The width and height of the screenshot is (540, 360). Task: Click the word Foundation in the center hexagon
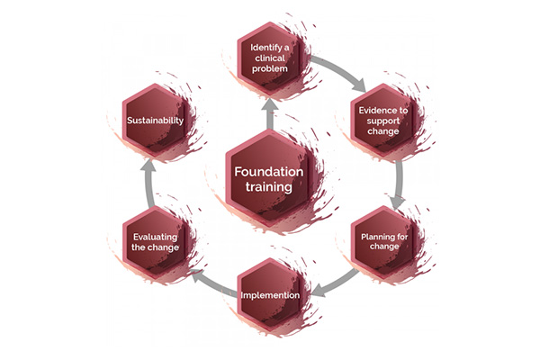(268, 172)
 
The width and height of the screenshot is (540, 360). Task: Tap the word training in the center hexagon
(268, 187)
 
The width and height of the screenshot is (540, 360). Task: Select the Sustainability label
(155, 121)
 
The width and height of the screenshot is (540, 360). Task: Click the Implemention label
(270, 295)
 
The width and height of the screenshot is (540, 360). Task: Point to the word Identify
(266, 48)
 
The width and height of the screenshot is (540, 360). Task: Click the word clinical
(270, 58)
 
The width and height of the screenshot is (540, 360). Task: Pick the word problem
(270, 68)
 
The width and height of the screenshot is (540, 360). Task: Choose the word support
(383, 121)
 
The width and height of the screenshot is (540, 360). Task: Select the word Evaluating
(155, 237)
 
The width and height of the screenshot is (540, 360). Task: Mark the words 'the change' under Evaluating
(155, 247)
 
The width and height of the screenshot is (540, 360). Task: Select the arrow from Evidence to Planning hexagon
(399, 185)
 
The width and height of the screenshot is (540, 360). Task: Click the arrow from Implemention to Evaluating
(213, 283)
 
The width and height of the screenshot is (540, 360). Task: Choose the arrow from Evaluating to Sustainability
(148, 184)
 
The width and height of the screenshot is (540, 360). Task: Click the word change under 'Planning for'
(384, 247)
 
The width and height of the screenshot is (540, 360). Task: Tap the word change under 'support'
(383, 131)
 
